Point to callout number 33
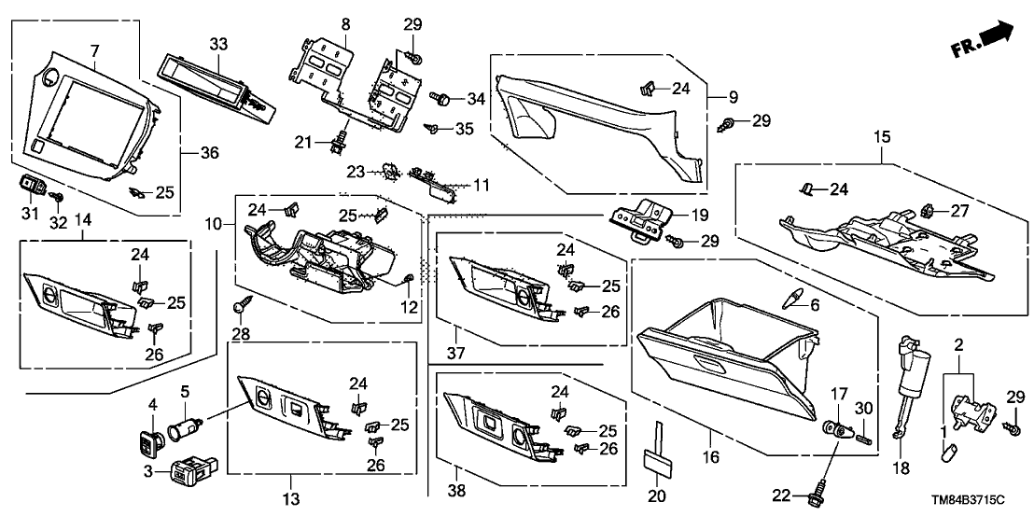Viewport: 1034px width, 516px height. [x=217, y=45]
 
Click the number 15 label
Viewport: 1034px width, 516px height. [x=882, y=136]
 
